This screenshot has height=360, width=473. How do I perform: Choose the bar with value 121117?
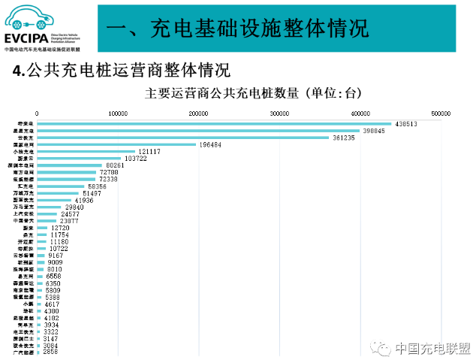(86, 152)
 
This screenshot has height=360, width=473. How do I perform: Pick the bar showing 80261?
(69, 165)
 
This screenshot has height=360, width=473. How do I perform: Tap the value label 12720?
(59, 228)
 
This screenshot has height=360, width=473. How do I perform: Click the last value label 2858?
(50, 352)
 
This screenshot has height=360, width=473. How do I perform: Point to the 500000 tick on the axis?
(441, 113)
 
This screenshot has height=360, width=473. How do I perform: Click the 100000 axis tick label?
(117, 113)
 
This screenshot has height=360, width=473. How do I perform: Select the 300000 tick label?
(279, 113)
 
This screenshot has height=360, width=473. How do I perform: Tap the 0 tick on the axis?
(37, 113)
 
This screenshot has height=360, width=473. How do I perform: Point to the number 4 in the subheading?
(17, 71)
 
